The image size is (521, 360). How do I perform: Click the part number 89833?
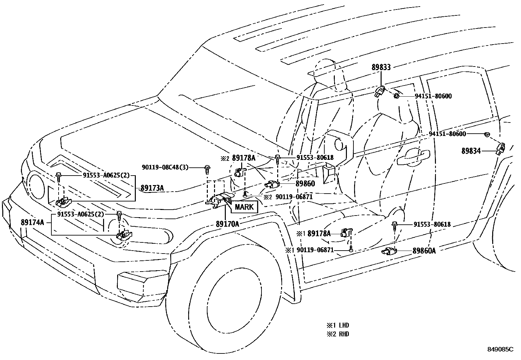click(381, 68)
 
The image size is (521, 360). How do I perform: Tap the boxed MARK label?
click(244, 207)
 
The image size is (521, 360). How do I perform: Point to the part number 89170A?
click(227, 224)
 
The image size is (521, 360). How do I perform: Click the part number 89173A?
click(152, 188)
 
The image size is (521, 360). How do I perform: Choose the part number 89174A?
click(32, 222)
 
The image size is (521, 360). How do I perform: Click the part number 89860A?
click(424, 251)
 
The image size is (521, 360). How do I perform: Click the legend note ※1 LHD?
click(337, 325)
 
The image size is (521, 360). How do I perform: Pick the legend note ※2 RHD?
click(337, 334)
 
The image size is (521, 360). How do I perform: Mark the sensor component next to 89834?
click(501, 148)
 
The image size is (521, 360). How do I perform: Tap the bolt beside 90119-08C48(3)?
click(207, 169)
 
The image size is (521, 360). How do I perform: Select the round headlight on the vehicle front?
click(35, 184)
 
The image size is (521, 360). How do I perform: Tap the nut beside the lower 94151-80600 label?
click(487, 134)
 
